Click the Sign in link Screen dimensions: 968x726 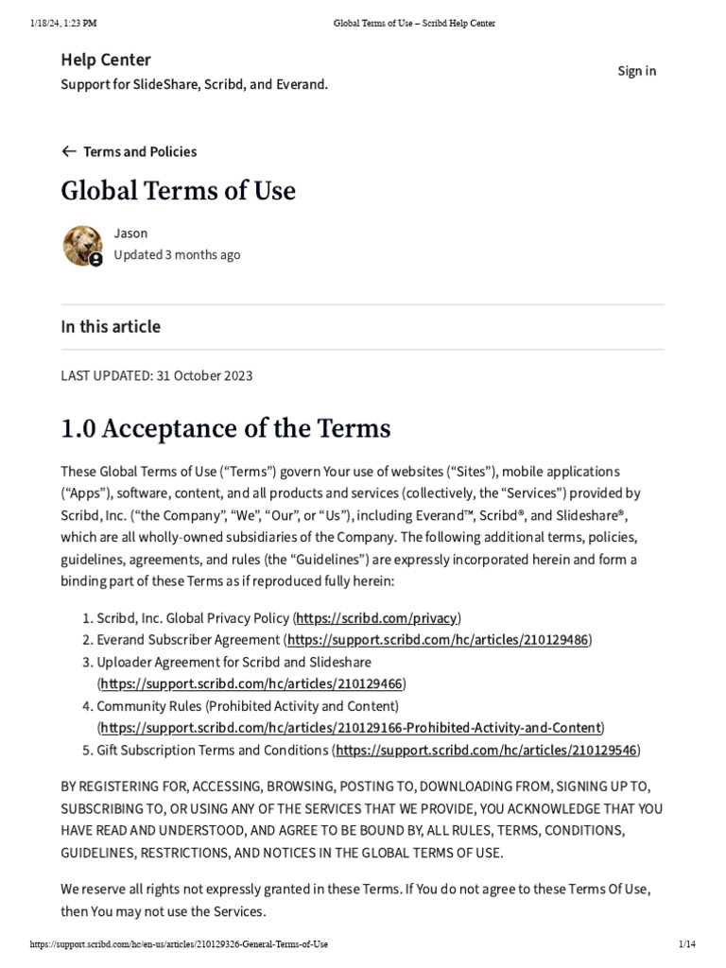(x=636, y=71)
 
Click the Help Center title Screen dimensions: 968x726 (x=106, y=60)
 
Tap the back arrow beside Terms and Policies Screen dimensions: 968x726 (x=68, y=151)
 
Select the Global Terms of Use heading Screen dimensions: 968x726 (x=178, y=191)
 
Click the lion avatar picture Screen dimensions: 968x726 (x=82, y=245)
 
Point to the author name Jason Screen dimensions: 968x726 (x=130, y=233)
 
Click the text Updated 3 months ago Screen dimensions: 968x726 (x=177, y=254)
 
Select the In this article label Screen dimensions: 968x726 (x=111, y=327)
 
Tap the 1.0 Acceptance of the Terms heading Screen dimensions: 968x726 (x=225, y=428)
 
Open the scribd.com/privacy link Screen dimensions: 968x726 (x=376, y=618)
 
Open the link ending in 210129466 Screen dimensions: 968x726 (x=252, y=683)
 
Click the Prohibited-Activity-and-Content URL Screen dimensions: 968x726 (x=351, y=728)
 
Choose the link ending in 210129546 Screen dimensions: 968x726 (x=487, y=751)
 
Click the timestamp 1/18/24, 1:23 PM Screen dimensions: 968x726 (x=63, y=23)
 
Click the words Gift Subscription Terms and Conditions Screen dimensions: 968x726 (x=212, y=751)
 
